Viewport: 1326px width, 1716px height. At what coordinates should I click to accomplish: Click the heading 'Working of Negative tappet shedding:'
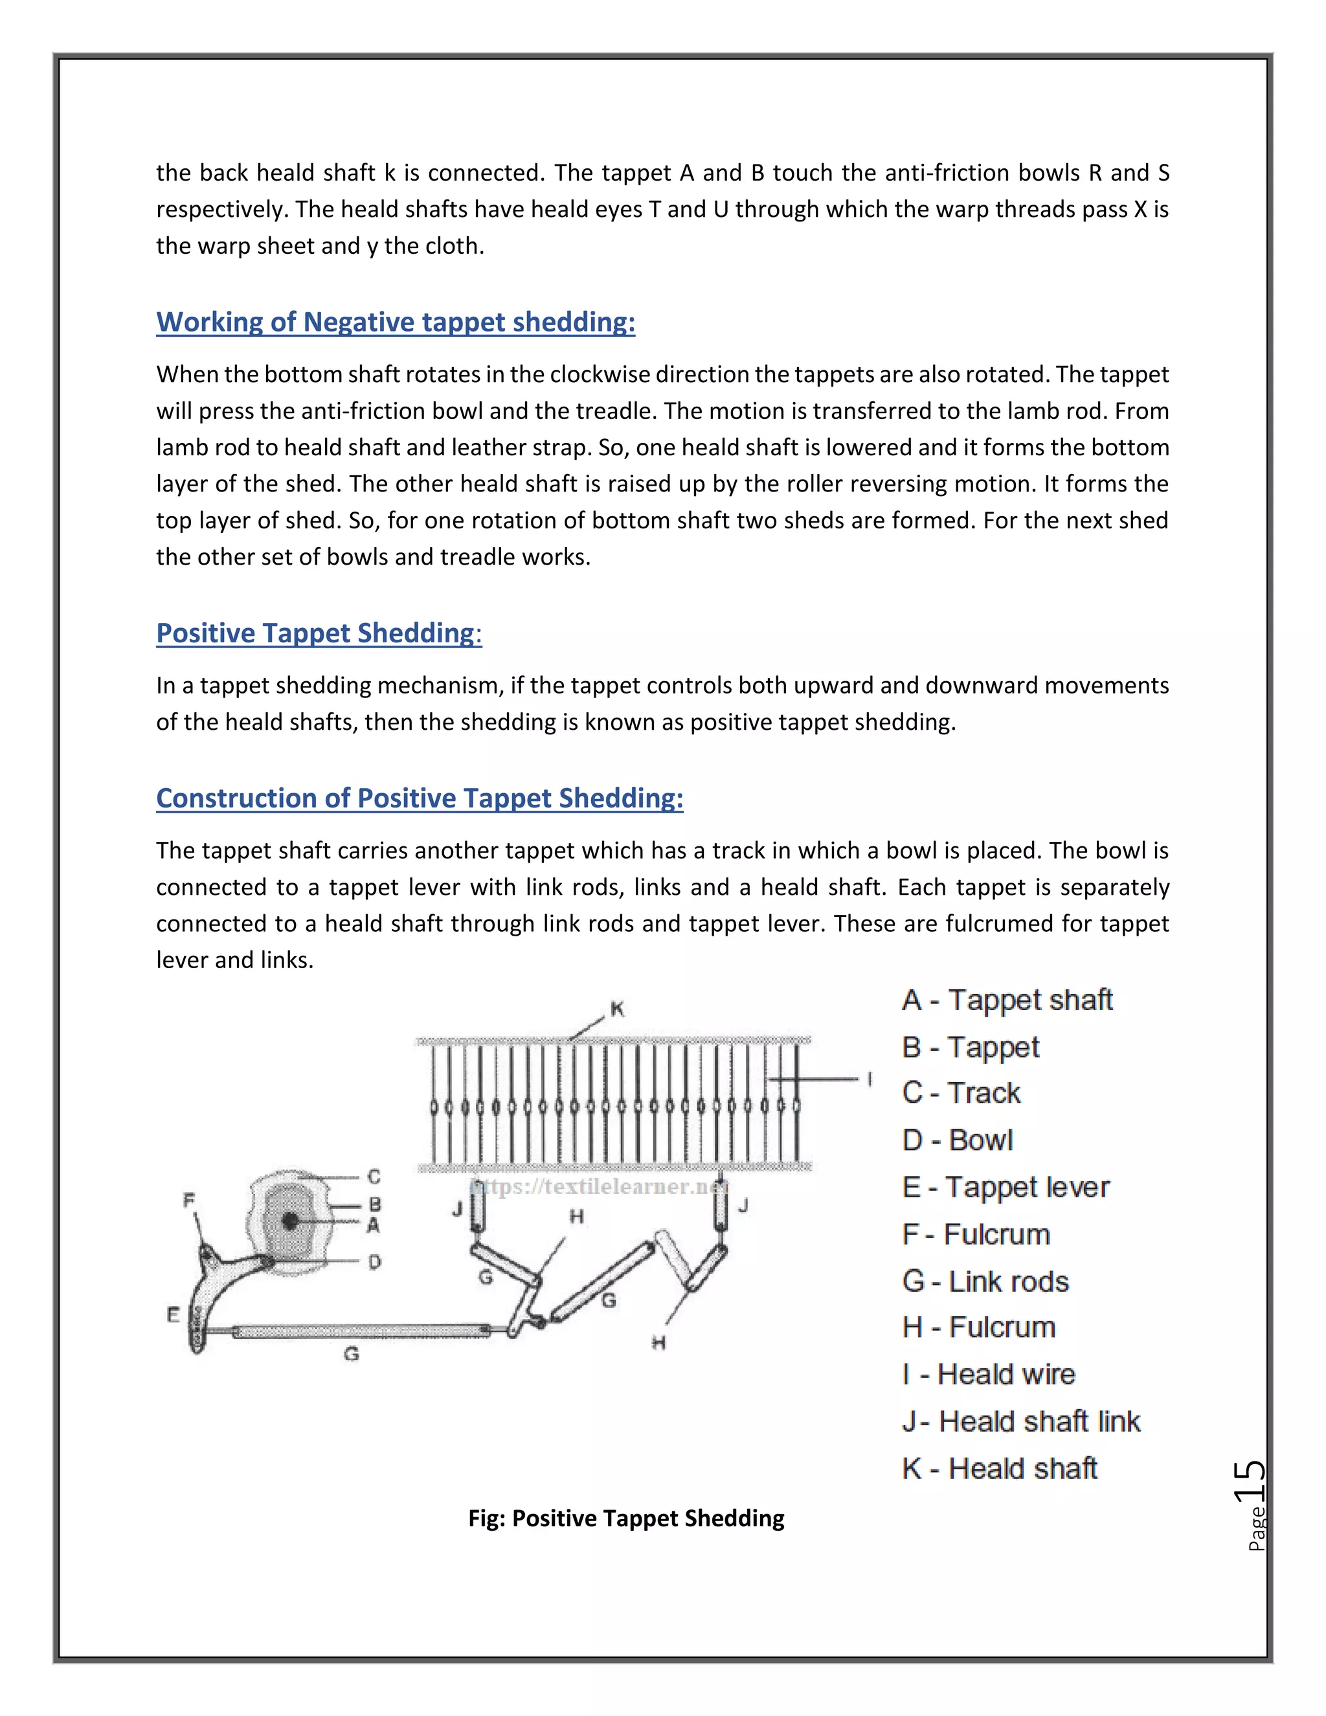[395, 322]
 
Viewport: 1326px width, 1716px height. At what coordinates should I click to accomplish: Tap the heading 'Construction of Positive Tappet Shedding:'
[420, 798]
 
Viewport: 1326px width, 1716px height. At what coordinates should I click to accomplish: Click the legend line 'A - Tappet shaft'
[1007, 1000]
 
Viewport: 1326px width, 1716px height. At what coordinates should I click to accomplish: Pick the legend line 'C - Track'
[961, 1093]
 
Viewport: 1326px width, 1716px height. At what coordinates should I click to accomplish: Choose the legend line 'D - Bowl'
[958, 1140]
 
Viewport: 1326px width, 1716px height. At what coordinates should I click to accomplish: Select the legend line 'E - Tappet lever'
[1006, 1187]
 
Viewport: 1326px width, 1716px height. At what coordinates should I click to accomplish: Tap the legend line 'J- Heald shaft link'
[1020, 1421]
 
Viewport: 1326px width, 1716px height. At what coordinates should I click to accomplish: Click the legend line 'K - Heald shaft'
[999, 1469]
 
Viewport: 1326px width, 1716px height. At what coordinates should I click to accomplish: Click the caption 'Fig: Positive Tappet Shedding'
[626, 1518]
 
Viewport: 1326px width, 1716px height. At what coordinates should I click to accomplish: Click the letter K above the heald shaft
[618, 1010]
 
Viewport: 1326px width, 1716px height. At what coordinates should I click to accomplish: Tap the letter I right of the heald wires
[870, 1079]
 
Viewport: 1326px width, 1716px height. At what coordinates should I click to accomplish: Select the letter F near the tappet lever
[188, 1200]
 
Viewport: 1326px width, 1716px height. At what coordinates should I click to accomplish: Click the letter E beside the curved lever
[174, 1315]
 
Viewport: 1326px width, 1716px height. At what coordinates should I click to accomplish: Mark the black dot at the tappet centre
[290, 1221]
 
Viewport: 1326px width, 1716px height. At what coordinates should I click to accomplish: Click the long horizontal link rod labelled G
[361, 1331]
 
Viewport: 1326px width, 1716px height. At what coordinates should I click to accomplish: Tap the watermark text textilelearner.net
[599, 1186]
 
